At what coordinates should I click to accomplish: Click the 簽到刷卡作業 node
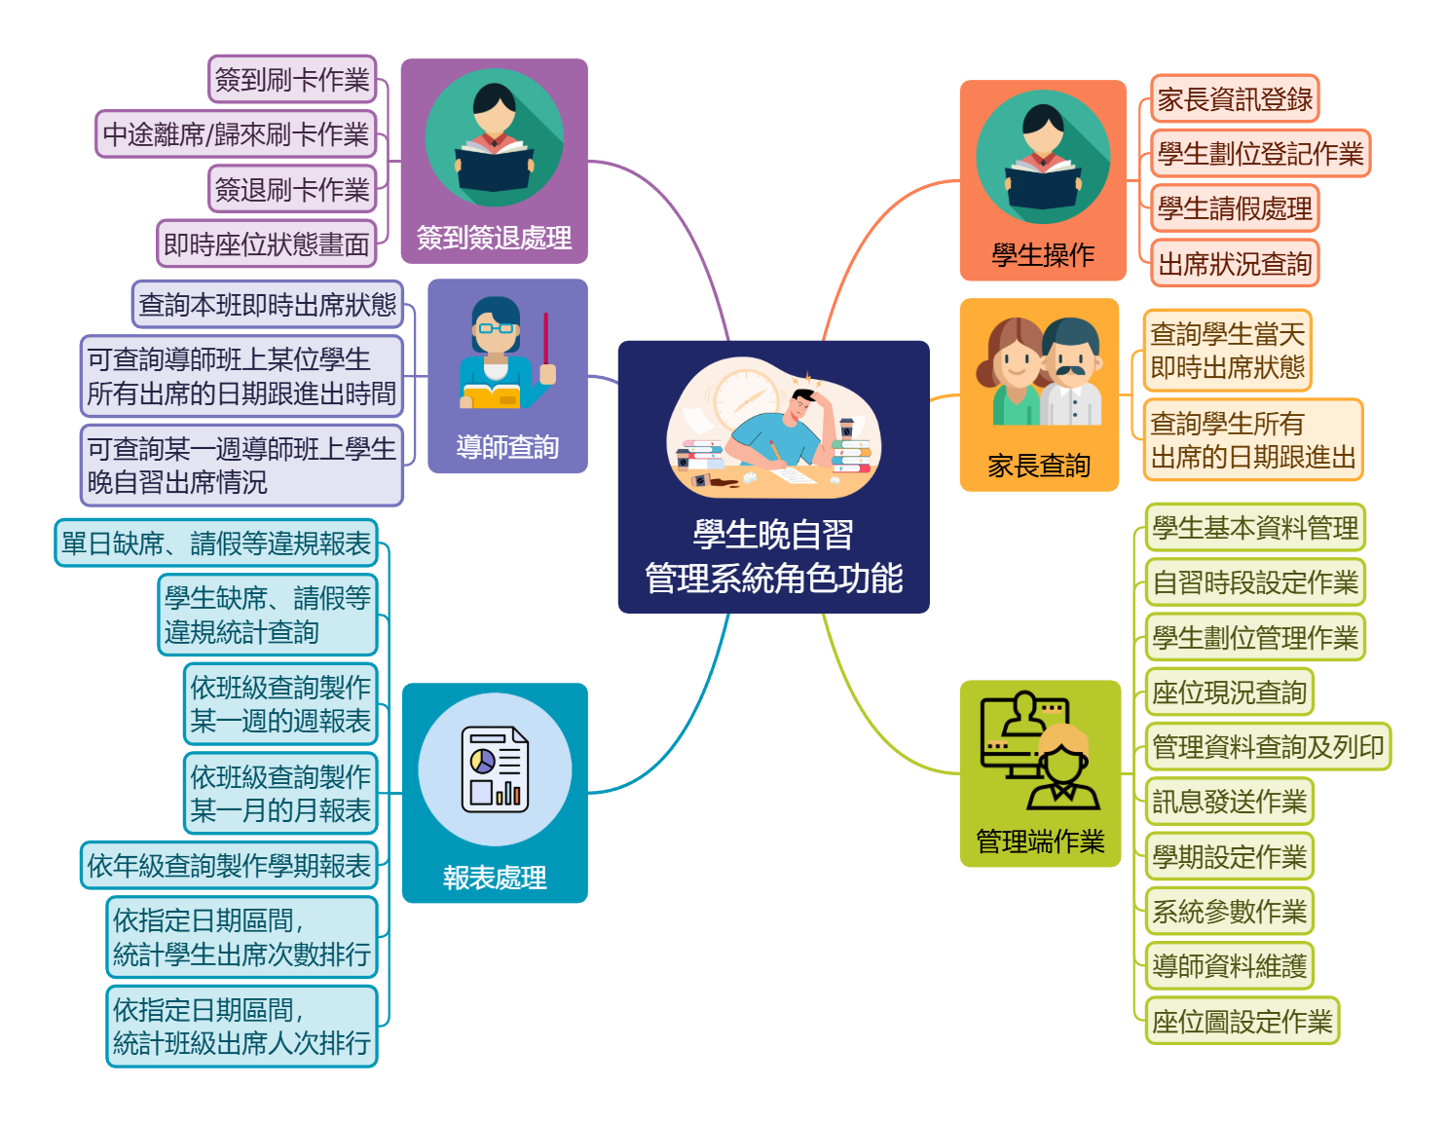(x=292, y=79)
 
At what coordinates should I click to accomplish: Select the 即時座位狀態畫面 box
(x=266, y=243)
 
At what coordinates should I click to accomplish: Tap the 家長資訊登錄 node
(x=1235, y=98)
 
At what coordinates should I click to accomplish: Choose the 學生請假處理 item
(x=1235, y=208)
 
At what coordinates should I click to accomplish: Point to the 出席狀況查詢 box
(x=1235, y=263)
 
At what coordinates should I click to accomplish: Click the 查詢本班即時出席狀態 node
(x=267, y=305)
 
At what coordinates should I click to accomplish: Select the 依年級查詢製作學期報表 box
(x=229, y=865)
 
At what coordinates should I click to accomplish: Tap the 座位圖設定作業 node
(x=1242, y=1021)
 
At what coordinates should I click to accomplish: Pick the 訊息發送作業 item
(x=1229, y=802)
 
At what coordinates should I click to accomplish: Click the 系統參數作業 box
(x=1229, y=912)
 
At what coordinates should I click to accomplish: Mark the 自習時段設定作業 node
(x=1255, y=582)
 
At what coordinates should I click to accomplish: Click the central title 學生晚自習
(x=773, y=535)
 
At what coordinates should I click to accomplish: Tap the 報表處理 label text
(x=495, y=878)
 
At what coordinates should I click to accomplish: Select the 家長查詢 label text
(x=1039, y=466)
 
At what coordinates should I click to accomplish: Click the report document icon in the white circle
(x=495, y=769)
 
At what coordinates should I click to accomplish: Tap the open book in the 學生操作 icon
(x=1043, y=187)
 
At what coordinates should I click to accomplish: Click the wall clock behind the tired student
(x=745, y=397)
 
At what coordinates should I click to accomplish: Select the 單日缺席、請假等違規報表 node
(x=216, y=543)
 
